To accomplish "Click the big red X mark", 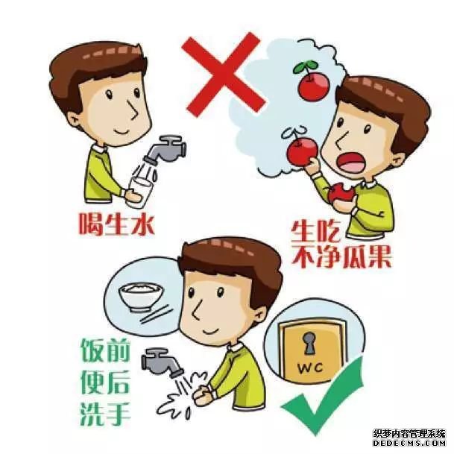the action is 223,75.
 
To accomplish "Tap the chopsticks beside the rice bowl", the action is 154,314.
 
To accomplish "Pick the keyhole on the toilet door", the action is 309,343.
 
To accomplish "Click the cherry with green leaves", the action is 312,82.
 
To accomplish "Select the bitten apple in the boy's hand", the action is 341,193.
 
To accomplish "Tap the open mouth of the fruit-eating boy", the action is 351,163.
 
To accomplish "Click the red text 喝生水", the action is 116,224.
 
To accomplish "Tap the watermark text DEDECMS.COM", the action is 409,443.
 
